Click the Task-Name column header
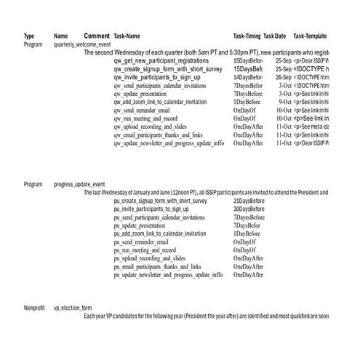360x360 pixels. coord(127,36)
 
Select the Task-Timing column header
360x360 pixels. coord(247,36)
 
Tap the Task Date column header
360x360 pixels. coord(275,36)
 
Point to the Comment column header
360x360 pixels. coord(97,36)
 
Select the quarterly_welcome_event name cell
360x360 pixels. coord(82,44)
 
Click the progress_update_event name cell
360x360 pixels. coord(79,185)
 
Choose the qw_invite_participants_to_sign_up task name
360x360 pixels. coord(156,77)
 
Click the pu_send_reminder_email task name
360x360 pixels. coord(143,242)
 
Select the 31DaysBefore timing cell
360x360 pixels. coord(249,201)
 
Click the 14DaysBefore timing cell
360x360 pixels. coord(248,77)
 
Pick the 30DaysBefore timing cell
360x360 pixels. coord(249,209)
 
